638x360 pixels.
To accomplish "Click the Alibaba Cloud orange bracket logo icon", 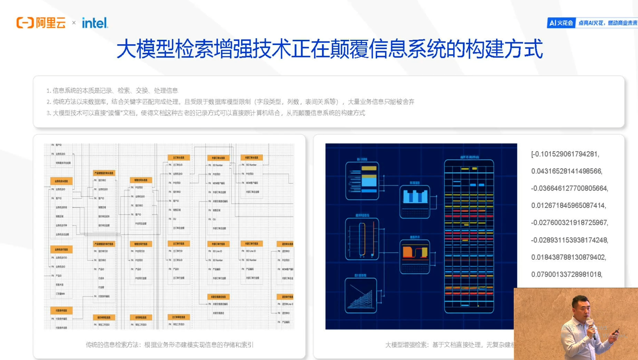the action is [x=25, y=23].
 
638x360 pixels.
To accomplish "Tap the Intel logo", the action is [x=95, y=23].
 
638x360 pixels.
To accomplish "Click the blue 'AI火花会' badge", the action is [x=561, y=23].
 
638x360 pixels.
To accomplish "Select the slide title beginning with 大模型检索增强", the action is [x=329, y=49].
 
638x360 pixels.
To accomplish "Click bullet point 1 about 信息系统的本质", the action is [x=112, y=91].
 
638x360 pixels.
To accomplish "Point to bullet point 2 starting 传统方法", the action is [x=230, y=102].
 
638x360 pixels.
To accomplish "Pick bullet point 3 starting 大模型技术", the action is [x=206, y=113].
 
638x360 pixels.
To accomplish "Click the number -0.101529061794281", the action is [x=565, y=154].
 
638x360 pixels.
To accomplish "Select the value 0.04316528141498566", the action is [x=567, y=171].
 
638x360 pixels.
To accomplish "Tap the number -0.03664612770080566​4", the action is [x=569, y=188].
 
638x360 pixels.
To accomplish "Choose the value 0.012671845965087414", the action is [x=568, y=205].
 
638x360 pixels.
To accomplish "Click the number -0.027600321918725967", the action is [x=569, y=222].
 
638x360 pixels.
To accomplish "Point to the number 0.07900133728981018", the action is [x=567, y=274].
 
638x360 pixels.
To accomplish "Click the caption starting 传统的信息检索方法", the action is [x=170, y=345].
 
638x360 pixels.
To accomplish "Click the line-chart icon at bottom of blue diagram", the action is [x=361, y=295].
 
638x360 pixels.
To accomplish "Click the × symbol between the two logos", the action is [x=74, y=23].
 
